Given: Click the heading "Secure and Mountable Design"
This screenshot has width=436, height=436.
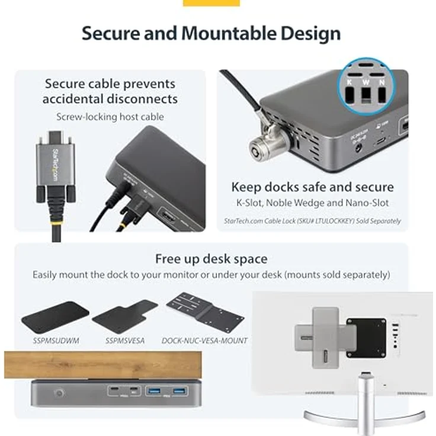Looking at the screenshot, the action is pos(211,33).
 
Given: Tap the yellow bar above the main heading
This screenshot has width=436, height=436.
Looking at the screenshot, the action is pos(211,2).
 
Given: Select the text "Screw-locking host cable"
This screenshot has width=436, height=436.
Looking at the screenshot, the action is pos(110,117).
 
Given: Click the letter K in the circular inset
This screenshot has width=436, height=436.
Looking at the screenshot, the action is pos(350,82).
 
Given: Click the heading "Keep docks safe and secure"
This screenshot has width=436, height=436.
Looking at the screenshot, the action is pos(312,187).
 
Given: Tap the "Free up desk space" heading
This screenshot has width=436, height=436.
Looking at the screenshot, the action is pos(211,259).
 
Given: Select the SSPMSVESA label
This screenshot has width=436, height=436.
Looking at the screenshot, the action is pos(124,341).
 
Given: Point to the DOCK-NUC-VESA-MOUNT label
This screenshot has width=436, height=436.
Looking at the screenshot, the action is pos(204,341).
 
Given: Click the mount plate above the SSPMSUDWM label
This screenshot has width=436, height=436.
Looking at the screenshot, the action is pos(54,317).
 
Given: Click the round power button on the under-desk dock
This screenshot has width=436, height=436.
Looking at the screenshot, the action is pos(59,392).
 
